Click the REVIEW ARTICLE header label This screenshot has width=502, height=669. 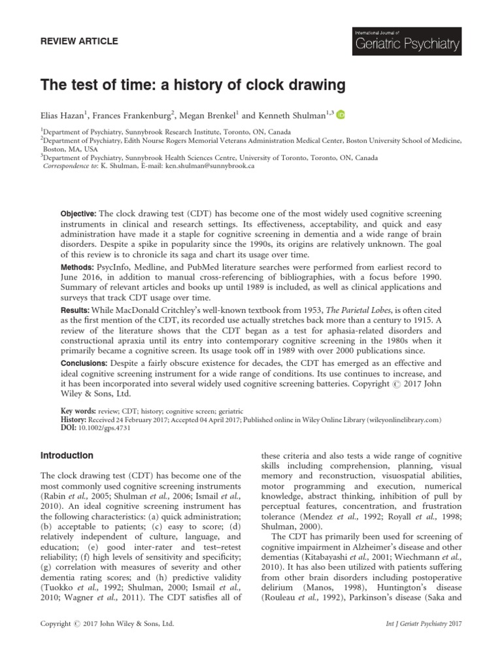point(80,41)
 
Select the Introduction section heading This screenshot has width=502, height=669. point(67,455)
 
